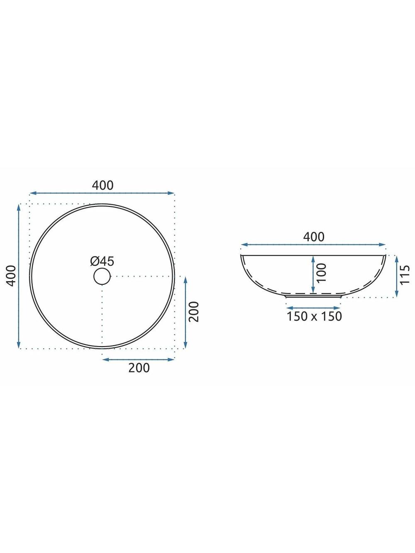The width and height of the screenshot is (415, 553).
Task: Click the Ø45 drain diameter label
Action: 102,261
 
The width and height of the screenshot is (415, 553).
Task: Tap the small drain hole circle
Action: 102,276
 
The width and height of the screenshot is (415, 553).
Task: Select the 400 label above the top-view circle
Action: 103,185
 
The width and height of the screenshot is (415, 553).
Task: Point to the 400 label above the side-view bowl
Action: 314,237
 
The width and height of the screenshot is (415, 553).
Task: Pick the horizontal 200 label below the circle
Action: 139,368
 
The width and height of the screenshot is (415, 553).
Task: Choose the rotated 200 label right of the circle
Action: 194,312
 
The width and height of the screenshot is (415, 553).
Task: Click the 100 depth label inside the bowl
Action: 321,273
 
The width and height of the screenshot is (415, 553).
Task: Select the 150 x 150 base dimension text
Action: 314,316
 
